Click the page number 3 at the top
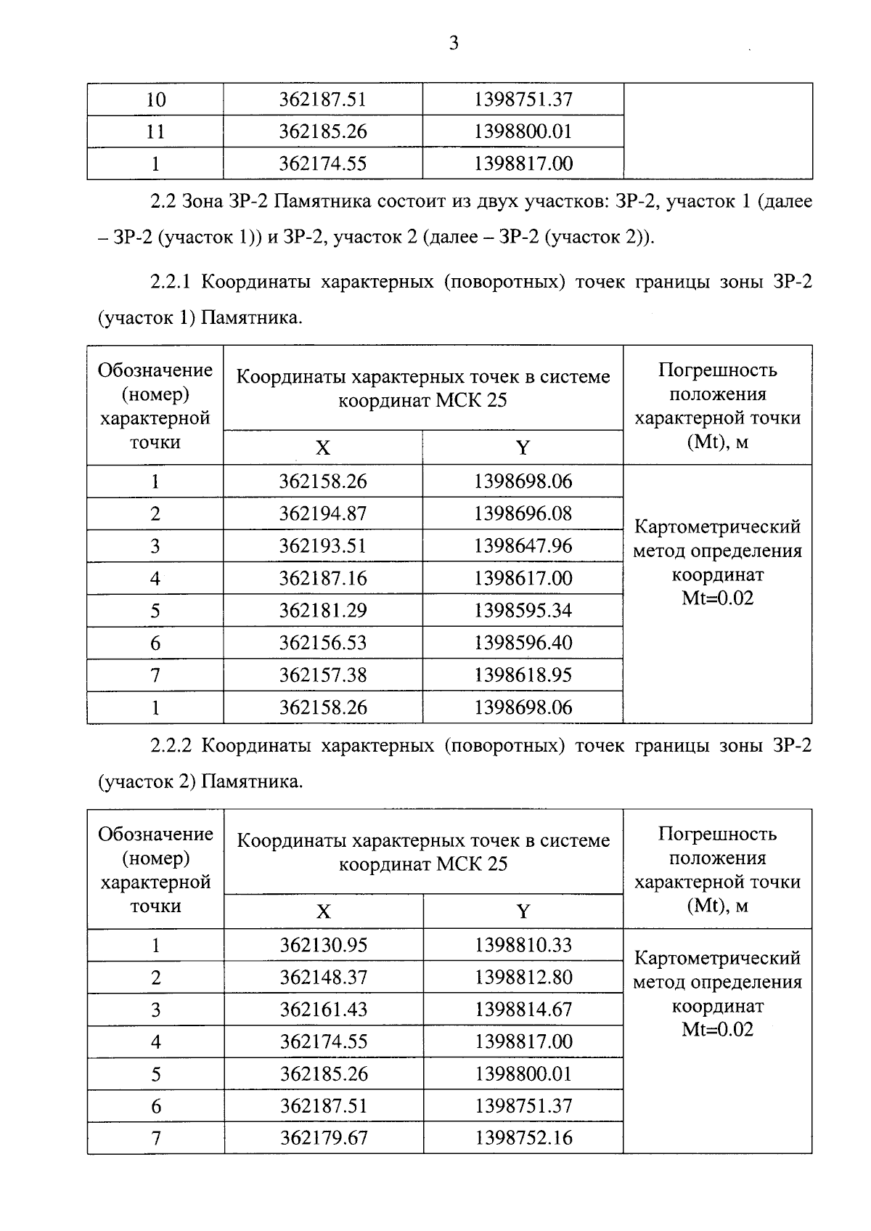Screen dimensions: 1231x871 454,44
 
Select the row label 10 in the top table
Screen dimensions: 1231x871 155,99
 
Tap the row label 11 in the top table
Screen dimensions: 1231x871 155,131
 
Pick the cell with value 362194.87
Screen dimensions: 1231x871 323,513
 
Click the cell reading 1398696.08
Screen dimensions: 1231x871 523,513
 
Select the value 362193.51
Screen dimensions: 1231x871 323,546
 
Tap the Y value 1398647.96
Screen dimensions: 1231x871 523,546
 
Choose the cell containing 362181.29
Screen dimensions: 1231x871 323,611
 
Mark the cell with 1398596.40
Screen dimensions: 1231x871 523,643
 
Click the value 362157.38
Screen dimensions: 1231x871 323,675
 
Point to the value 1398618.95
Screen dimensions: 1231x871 523,675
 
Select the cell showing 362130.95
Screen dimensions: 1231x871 324,945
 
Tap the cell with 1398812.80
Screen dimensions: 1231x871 523,978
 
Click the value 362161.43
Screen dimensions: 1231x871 324,1009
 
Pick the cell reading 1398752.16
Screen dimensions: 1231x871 523,1138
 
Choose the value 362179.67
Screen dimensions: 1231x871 324,1138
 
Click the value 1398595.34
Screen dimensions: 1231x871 523,611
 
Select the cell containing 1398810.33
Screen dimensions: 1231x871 523,945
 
